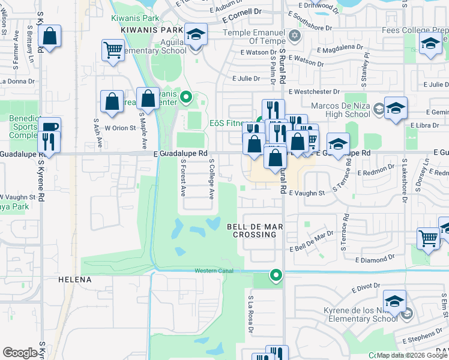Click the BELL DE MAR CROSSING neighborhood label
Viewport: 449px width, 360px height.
[252, 230]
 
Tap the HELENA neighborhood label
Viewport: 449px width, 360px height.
[75, 280]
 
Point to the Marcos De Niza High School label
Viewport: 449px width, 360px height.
[339, 110]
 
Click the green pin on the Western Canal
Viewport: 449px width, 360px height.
[276, 275]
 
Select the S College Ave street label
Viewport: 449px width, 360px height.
[211, 179]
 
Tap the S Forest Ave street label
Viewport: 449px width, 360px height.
[183, 179]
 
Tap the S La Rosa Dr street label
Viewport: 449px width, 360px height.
[250, 314]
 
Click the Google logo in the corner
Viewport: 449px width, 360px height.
[20, 353]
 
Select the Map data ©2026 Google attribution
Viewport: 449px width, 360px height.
[411, 356]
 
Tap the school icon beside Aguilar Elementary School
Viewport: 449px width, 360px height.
[196, 35]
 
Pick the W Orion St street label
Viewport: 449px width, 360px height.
[116, 128]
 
